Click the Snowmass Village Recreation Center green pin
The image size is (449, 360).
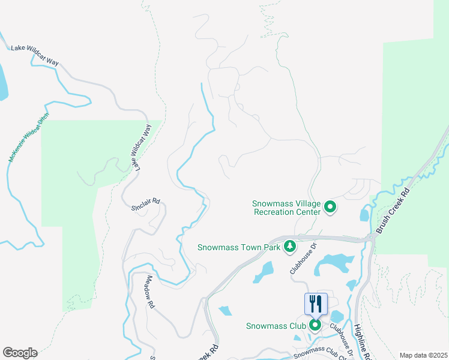tap(330, 208)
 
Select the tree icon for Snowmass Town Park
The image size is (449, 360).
tap(291, 246)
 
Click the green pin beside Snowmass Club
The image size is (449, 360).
tap(315, 326)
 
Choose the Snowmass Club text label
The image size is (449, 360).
tap(276, 326)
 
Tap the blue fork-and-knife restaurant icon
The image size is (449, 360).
tap(316, 304)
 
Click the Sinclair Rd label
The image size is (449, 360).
tap(146, 203)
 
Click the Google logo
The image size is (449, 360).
tap(20, 353)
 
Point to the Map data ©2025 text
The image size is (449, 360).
tap(423, 355)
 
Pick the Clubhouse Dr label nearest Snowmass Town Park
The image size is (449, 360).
tap(303, 259)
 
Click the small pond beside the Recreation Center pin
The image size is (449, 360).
tap(365, 214)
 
